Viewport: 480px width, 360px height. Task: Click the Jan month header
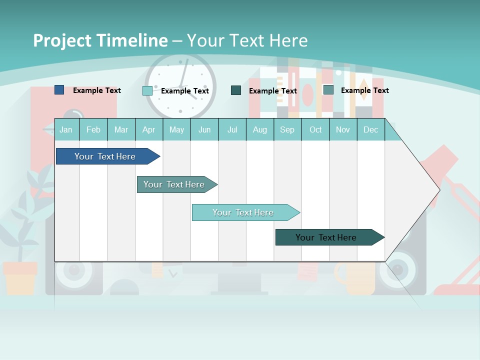[x=66, y=130]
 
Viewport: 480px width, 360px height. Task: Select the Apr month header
[x=148, y=130]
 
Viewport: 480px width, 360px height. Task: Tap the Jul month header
[x=232, y=130]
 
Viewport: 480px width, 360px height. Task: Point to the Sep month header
[x=287, y=130]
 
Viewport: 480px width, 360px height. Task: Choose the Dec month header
[x=370, y=130]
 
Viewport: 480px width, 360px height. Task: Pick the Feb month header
[x=93, y=130]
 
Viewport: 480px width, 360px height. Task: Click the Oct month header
[x=315, y=130]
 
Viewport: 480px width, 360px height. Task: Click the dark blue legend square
[x=59, y=90]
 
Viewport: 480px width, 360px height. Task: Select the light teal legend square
[x=147, y=90]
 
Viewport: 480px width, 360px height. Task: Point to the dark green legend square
[x=236, y=90]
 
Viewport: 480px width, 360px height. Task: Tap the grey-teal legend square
[x=328, y=90]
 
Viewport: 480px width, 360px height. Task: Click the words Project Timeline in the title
[x=100, y=40]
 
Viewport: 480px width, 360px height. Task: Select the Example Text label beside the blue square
[x=97, y=90]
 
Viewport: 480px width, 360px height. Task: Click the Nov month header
[x=343, y=130]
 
